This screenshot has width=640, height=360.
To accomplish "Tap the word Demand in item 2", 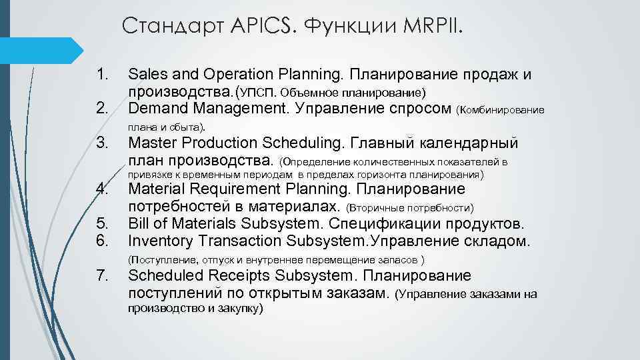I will click(x=157, y=107).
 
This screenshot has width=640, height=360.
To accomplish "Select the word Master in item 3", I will click(x=151, y=143).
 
